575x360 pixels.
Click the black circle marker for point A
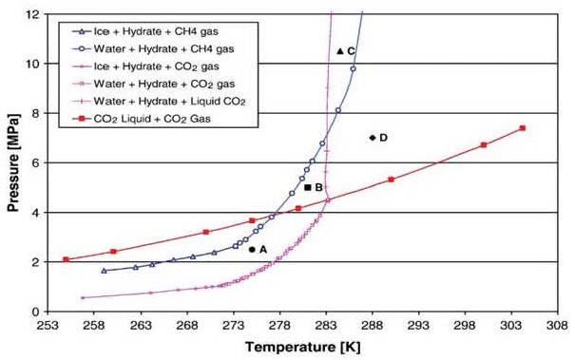252,250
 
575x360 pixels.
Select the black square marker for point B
308,188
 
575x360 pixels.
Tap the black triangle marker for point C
340,51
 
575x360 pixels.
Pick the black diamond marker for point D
373,138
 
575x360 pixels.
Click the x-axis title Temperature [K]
303,347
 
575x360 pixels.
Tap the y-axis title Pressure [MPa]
13,162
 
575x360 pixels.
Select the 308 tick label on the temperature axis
558,326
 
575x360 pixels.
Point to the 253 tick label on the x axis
48,326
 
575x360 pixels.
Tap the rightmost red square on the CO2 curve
523,128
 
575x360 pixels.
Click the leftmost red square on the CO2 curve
66,259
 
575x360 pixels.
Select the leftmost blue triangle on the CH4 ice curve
104,271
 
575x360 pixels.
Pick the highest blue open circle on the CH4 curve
353,68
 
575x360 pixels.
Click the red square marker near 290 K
391,180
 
